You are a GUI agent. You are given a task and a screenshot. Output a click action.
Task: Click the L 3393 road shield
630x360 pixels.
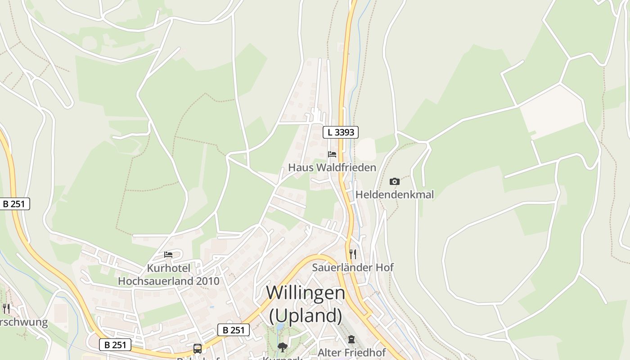pos(341,132)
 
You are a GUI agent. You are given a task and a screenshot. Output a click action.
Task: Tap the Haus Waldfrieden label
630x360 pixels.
pos(332,167)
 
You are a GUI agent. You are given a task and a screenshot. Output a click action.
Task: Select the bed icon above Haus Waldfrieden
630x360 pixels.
pos(332,154)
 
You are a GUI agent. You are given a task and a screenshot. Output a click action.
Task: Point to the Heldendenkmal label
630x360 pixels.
pos(395,194)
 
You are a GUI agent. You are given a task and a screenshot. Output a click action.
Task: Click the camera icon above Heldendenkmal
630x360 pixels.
pos(395,181)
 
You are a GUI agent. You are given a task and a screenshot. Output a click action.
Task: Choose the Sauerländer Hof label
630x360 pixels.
pos(353,267)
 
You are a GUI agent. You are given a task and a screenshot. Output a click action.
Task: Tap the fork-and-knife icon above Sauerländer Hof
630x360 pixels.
pos(353,254)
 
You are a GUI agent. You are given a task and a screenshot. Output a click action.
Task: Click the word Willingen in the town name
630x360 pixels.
pos(306,293)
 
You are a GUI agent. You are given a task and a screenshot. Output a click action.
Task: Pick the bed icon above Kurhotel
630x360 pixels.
pos(168,255)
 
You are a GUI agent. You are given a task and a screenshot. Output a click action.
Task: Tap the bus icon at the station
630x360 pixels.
pos(198,348)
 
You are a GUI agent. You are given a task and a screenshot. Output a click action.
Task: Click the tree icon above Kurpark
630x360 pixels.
pos(283,347)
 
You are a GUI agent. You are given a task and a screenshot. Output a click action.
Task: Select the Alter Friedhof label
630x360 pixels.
pos(352,352)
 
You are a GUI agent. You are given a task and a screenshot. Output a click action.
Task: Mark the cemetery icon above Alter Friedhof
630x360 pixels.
pos(351,339)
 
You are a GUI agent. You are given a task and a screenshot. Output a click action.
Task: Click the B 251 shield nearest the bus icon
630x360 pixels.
pos(234,330)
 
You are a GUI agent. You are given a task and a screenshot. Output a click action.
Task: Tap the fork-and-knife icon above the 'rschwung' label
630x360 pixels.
pos(6,308)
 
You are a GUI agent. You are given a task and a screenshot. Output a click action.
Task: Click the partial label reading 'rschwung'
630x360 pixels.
pos(23,322)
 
